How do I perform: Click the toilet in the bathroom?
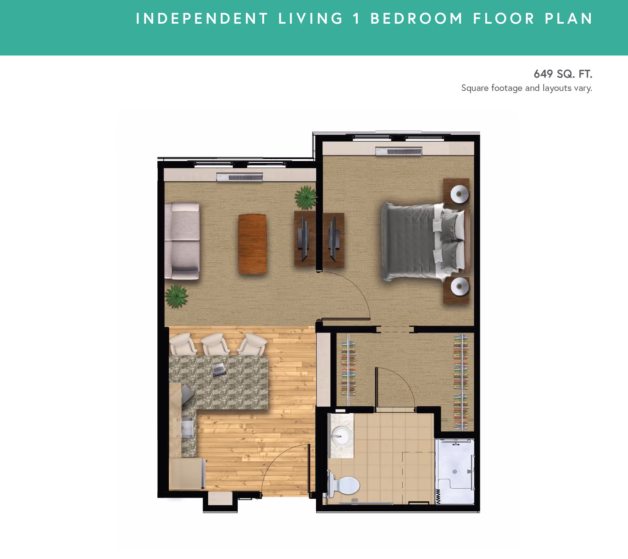[x=343, y=485]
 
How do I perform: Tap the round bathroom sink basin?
[x=340, y=436]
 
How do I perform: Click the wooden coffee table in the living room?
[x=252, y=244]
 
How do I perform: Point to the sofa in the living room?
[x=182, y=241]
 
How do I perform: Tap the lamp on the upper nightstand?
[x=459, y=194]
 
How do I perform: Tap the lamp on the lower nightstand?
[x=460, y=286]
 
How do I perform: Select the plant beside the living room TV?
[x=306, y=197]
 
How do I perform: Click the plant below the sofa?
[x=177, y=296]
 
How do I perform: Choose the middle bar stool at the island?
[x=215, y=344]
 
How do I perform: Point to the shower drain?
[x=455, y=472]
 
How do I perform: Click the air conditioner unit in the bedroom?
[x=399, y=151]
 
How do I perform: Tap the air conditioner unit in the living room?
[x=239, y=177]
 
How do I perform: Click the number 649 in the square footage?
[x=543, y=74]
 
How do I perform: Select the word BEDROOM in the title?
[x=417, y=19]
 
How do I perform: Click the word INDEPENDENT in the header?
[x=202, y=19]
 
